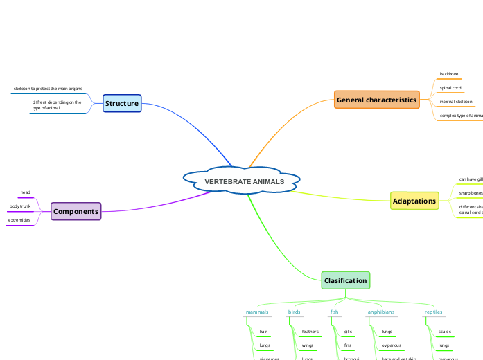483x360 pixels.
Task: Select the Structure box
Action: tap(122, 104)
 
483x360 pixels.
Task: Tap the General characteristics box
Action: tap(376, 100)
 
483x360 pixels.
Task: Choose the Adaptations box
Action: tap(414, 201)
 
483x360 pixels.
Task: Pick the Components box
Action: tap(76, 212)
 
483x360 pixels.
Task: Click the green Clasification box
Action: tap(346, 280)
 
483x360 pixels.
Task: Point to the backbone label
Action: tap(449, 74)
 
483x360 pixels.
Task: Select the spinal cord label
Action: tap(450, 88)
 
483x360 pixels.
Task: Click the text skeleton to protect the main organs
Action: tap(48, 89)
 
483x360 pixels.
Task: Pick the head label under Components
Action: tap(25, 192)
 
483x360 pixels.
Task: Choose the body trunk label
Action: tap(20, 206)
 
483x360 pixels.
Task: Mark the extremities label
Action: tap(19, 220)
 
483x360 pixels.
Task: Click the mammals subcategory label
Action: tap(257, 312)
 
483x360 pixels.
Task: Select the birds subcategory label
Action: tap(295, 312)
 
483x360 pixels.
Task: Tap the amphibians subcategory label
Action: tap(381, 312)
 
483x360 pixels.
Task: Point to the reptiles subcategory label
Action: tap(433, 312)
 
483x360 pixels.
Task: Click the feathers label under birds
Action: tap(310, 332)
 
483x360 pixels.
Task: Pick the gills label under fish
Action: tap(348, 332)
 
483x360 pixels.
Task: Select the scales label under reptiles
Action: tap(445, 332)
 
